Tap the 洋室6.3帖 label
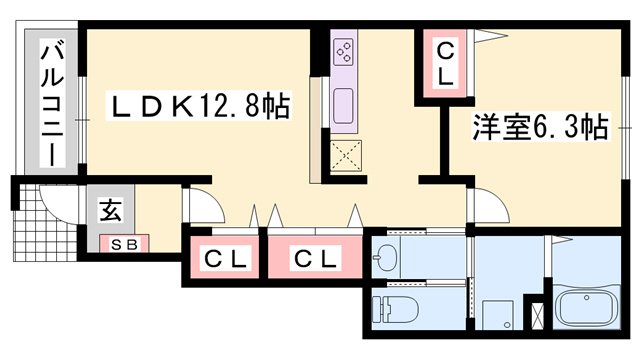pos(539,127)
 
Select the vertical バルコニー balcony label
pos(47,103)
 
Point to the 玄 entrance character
pos(107,211)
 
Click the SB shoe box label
pos(123,244)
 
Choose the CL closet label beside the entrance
pos(225,259)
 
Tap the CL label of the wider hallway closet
pos(315,259)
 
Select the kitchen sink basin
pos(343,104)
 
